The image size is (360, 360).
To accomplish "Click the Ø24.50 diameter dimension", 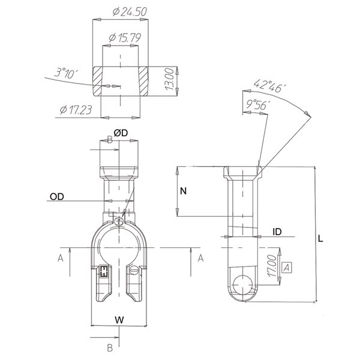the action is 130,12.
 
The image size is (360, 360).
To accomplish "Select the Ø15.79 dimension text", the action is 125,38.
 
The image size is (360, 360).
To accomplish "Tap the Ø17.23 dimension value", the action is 76,110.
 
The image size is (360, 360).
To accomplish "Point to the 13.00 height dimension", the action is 170,79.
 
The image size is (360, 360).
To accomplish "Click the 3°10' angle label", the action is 66,73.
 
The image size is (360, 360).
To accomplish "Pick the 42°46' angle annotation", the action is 270,86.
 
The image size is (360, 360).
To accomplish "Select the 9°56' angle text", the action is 258,104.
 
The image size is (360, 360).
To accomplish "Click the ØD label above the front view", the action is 121,133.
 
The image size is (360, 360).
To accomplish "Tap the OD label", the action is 57,197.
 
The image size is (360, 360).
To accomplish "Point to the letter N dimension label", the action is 183,191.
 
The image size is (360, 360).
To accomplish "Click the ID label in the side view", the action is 277,232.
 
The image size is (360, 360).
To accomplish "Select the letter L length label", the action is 320,239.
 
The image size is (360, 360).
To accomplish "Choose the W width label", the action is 119,320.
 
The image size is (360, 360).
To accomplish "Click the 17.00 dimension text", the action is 272,266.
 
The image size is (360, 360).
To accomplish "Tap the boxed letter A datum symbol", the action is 287,268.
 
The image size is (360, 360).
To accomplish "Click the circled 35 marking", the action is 119,222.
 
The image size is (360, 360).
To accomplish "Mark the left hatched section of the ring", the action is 97,81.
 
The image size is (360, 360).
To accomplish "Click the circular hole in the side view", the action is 242,284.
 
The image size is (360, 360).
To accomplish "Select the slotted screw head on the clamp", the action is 133,270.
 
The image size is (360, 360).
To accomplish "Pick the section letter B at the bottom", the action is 110,348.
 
